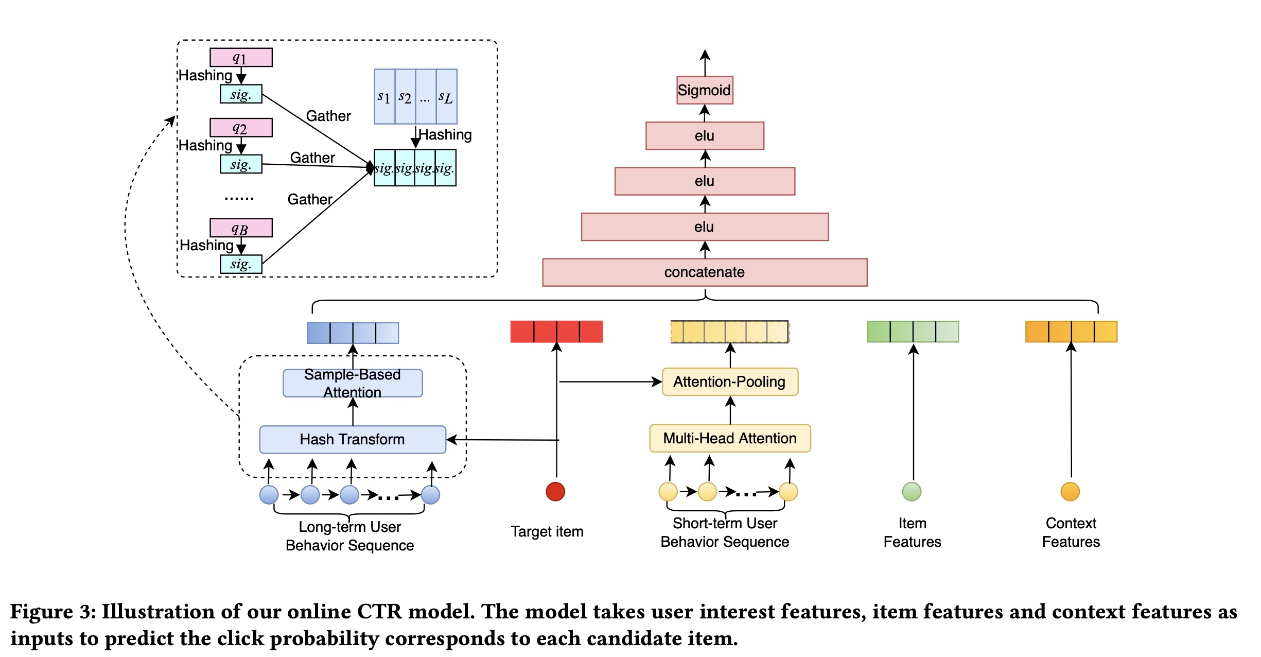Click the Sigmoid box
704,90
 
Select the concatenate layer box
704,272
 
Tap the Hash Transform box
353,439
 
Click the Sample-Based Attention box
353,383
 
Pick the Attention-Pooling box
729,382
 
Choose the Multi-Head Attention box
729,438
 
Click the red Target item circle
555,491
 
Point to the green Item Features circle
912,491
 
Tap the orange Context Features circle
1070,491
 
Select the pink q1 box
241,57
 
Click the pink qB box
241,228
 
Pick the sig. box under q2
241,164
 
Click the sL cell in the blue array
446,97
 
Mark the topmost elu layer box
704,135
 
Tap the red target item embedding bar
556,332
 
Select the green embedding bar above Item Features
913,332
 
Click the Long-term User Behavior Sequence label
350,536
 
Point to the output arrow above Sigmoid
705,62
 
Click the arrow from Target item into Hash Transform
502,440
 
